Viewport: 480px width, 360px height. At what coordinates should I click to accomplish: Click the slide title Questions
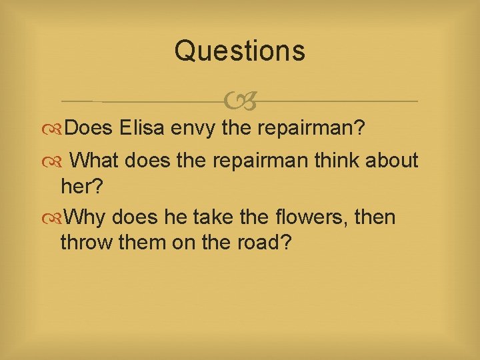coord(239,51)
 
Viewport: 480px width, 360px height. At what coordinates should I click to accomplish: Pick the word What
coord(96,160)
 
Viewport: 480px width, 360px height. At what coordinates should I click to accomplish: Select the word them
coord(141,243)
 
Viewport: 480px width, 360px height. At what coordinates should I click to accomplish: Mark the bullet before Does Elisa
coord(57,127)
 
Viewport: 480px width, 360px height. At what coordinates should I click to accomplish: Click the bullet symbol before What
coord(57,160)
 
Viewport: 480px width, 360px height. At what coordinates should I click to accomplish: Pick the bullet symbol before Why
coord(57,217)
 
